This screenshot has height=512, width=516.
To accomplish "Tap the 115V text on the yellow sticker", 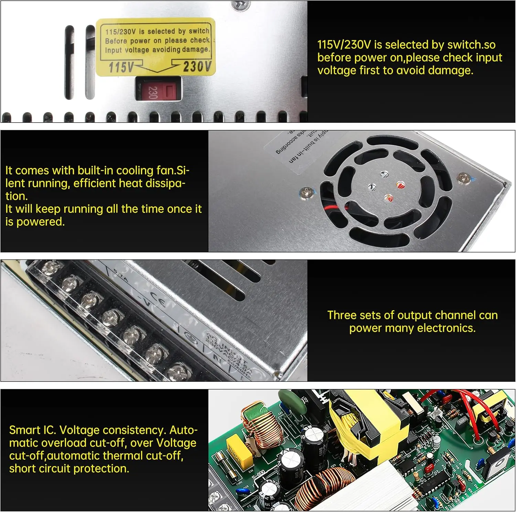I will (121, 67).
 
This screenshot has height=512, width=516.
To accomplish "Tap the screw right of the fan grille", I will (463, 178).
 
